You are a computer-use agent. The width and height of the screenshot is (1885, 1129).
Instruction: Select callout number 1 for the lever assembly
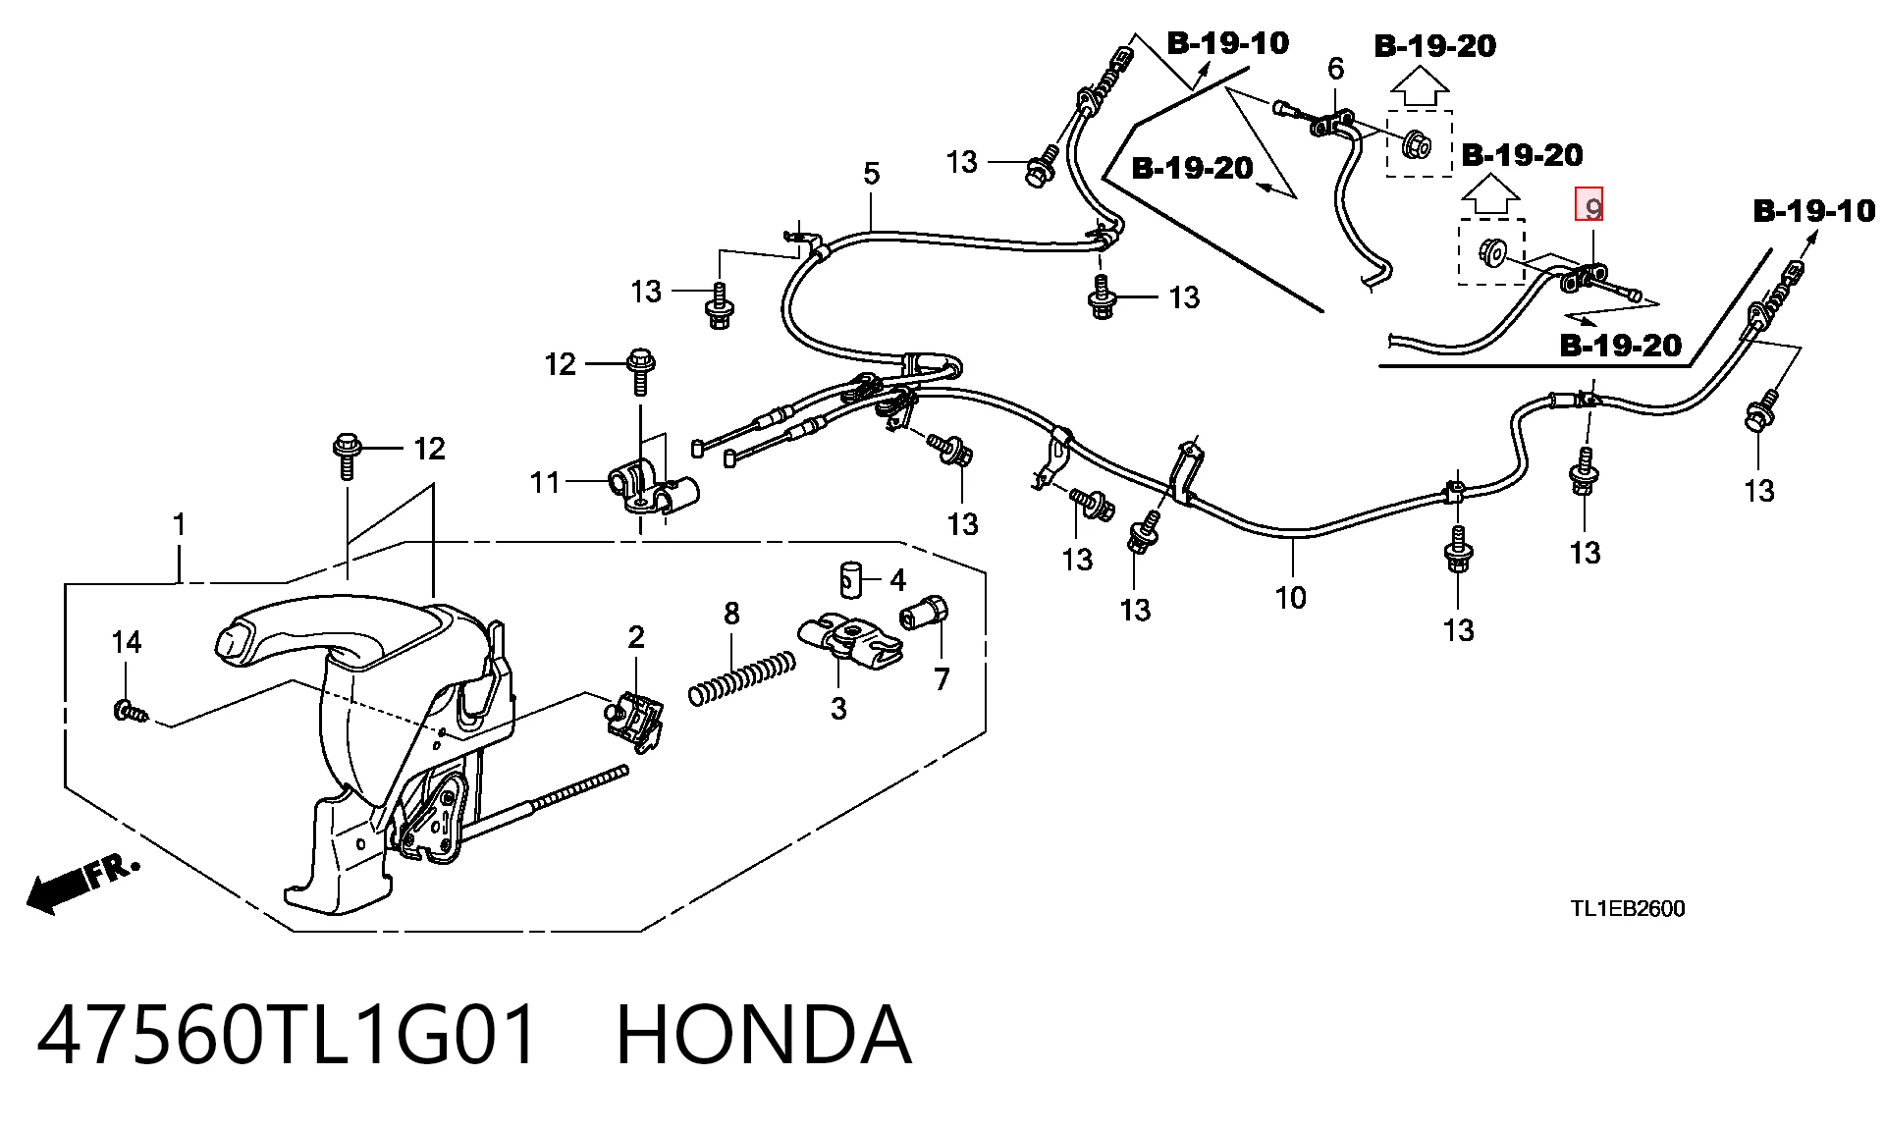coord(179,525)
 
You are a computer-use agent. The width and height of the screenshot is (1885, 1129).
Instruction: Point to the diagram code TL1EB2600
coord(1627,908)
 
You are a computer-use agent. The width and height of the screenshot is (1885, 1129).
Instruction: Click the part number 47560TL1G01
coord(288,1034)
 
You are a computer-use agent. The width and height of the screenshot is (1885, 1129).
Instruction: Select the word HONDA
coord(764,1034)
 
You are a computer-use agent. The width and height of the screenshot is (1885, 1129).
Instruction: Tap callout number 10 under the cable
coord(1290,597)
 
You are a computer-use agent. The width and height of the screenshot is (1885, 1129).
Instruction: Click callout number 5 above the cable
coord(871,174)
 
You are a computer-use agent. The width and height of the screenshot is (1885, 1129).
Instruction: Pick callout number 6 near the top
coord(1335,69)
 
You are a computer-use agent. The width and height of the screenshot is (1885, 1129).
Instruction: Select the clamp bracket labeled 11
coord(652,490)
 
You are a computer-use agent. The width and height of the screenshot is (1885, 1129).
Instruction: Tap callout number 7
coord(942,678)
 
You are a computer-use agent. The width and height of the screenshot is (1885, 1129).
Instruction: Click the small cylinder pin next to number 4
coord(850,578)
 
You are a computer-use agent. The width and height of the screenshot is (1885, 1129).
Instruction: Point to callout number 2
coord(636,637)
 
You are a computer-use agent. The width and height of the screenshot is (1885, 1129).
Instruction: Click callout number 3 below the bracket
coord(837,708)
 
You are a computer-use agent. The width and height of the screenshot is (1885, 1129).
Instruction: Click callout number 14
coord(127,642)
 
